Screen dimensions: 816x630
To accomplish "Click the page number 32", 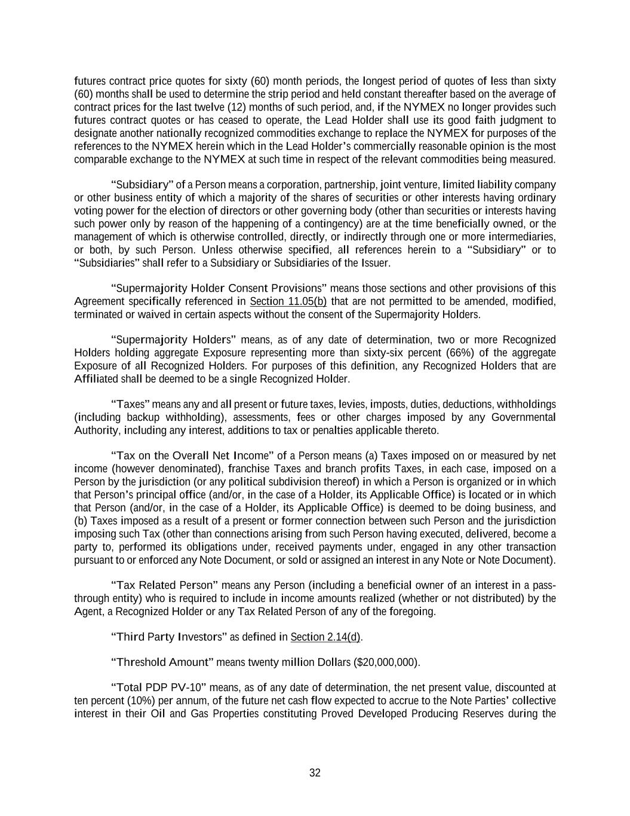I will (x=315, y=773).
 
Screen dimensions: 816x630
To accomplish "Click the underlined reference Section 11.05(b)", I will (x=288, y=301).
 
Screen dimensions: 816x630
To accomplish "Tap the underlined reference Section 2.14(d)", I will (x=325, y=637).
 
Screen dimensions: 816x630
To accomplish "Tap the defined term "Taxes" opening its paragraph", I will (x=130, y=405).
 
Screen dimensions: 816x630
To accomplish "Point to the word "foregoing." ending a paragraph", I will (x=413, y=612).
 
